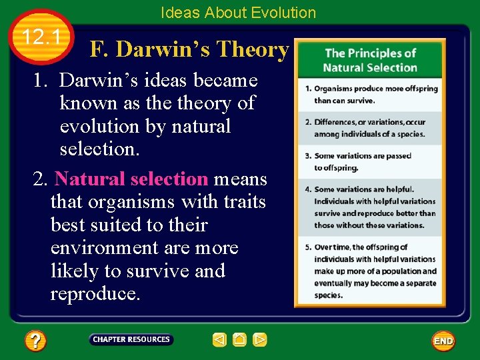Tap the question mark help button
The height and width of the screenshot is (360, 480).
35,341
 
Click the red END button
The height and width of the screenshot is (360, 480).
443,341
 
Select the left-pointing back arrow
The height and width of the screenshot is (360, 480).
219,340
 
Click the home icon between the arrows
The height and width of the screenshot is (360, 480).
240,340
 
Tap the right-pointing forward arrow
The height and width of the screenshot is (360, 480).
260,340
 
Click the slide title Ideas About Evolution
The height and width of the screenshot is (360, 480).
238,12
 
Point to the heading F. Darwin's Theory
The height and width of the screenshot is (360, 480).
189,49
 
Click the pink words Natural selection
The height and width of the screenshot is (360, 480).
132,179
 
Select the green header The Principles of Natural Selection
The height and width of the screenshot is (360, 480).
370,60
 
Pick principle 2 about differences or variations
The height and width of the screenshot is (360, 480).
369,128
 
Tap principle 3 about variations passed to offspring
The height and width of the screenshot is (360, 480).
362,162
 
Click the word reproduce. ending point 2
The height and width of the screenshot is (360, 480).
95,294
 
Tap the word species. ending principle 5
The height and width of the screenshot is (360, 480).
328,295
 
